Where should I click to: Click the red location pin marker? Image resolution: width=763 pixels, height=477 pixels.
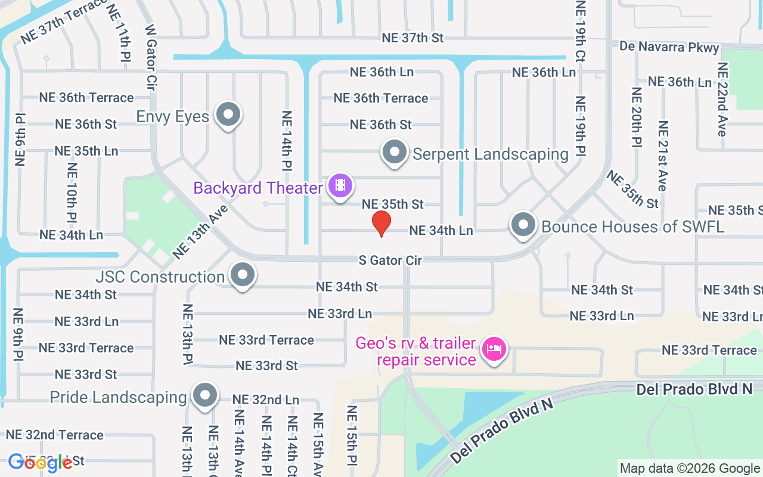click(x=381, y=223)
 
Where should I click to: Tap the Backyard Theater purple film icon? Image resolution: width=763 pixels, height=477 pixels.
click(x=340, y=185)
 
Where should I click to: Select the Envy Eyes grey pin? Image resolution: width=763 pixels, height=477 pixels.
click(x=227, y=114)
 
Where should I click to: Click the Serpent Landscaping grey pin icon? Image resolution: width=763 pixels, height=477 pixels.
click(x=394, y=152)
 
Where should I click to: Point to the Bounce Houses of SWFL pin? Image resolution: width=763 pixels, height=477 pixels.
click(x=523, y=225)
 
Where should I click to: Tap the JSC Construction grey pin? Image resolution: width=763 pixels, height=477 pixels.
click(x=242, y=275)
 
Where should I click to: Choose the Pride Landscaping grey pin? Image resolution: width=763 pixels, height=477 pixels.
click(x=205, y=395)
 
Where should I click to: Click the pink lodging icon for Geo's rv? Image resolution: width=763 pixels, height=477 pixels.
click(x=494, y=348)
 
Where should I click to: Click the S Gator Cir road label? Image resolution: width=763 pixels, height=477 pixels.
click(x=390, y=261)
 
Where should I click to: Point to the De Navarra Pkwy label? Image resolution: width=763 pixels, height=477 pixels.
click(x=669, y=47)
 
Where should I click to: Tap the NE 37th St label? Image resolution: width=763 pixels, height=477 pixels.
click(x=412, y=38)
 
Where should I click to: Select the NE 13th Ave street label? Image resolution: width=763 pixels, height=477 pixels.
click(x=201, y=232)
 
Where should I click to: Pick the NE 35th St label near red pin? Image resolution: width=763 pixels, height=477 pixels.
click(x=392, y=204)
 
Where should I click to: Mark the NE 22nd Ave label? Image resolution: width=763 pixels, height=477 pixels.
click(x=723, y=99)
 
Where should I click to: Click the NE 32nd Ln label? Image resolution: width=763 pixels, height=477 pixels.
click(x=265, y=399)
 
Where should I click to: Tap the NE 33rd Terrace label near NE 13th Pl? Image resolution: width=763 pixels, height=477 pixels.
click(x=266, y=340)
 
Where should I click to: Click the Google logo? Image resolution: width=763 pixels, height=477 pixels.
click(x=40, y=463)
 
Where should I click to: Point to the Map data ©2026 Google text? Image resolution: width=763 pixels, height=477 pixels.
click(x=690, y=469)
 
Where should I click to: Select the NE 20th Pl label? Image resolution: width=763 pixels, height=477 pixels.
click(x=637, y=117)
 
